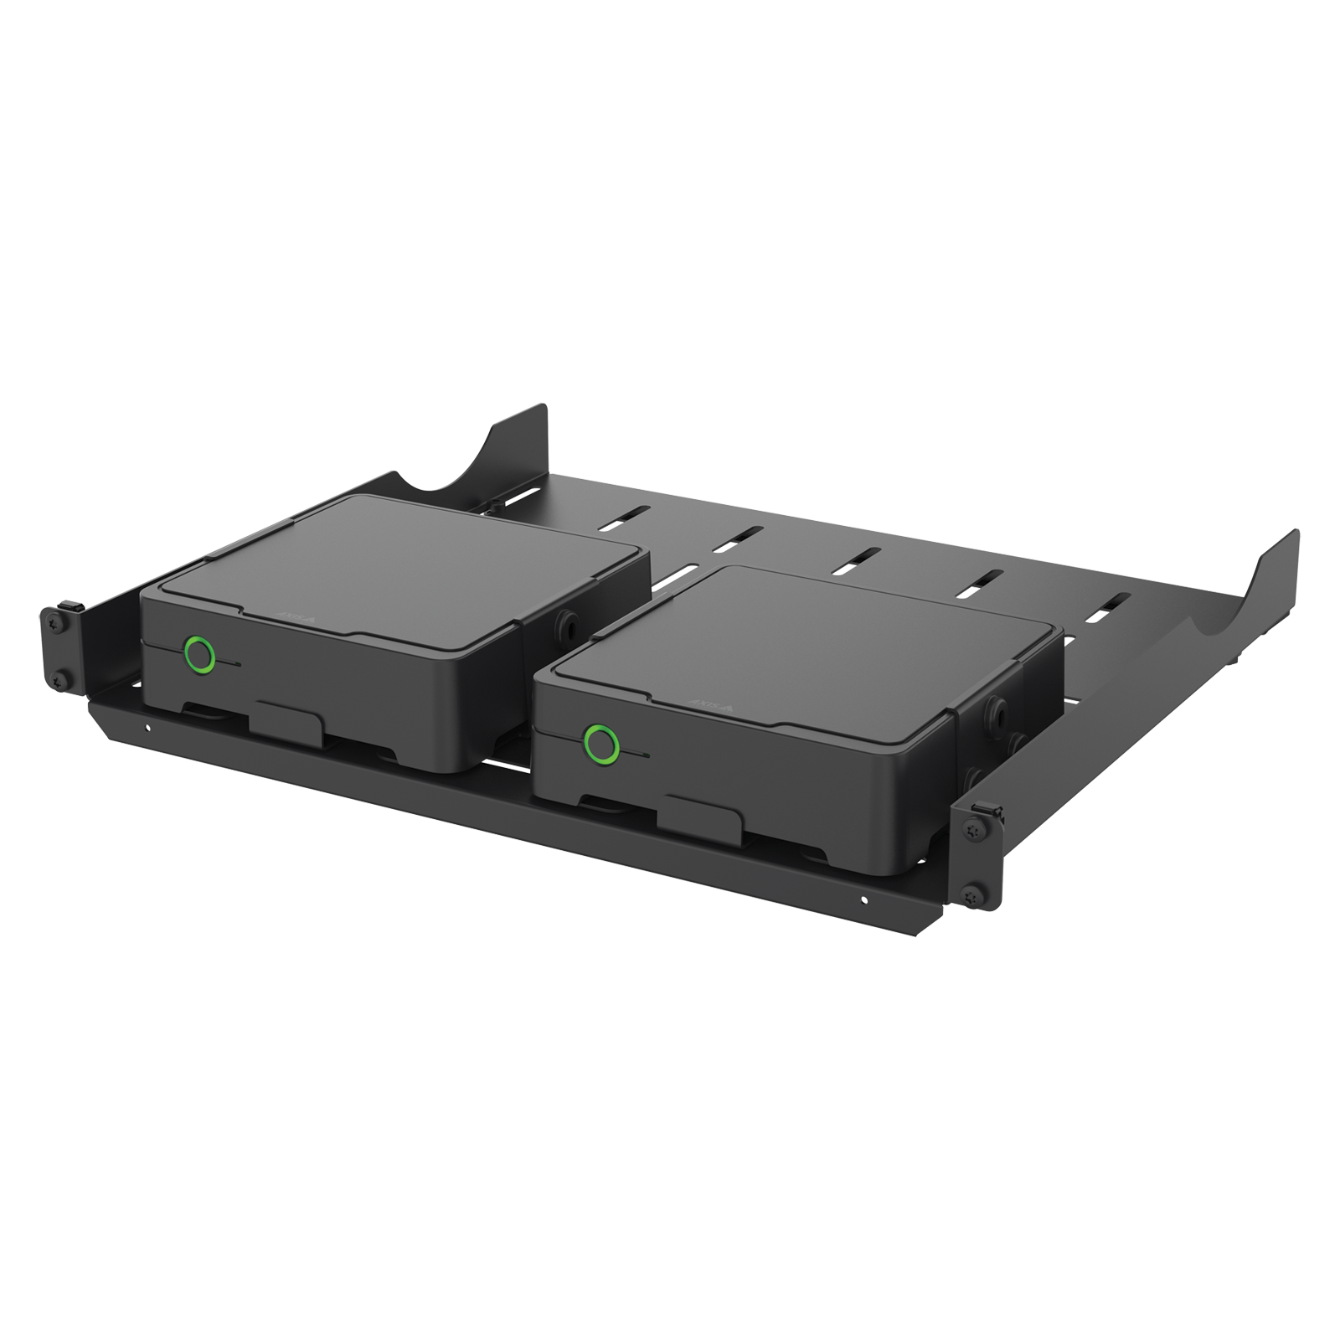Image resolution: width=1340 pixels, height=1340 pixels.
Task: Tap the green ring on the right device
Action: (599, 741)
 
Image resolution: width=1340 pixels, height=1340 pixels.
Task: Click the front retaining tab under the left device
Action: (290, 718)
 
